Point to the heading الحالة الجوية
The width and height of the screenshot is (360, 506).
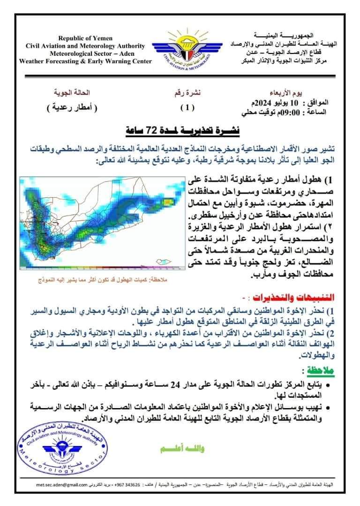point(71,92)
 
